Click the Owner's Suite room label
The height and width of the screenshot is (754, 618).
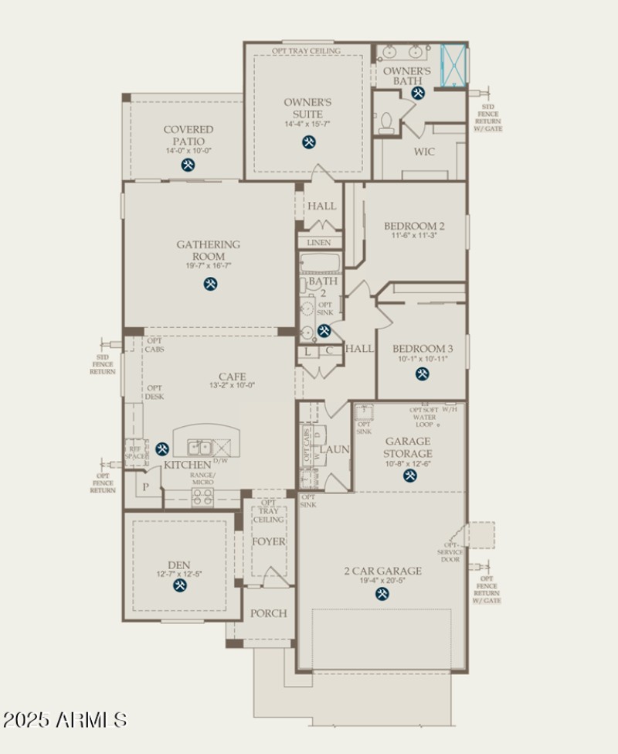[x=307, y=107]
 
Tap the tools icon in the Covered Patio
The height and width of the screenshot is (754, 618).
[x=188, y=165]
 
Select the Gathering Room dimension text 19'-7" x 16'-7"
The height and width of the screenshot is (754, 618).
[x=209, y=266]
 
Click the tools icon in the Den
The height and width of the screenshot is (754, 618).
[x=180, y=585]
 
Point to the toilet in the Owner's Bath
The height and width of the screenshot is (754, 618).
[x=387, y=121]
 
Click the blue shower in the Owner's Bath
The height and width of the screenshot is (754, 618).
[x=453, y=64]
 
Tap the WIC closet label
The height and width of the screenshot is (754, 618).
[x=424, y=152]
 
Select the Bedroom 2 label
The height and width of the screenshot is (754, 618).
[x=414, y=226]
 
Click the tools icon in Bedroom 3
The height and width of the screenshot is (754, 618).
[x=422, y=374]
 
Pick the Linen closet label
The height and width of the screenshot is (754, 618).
[x=319, y=243]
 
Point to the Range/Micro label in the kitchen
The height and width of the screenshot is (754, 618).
[x=203, y=478]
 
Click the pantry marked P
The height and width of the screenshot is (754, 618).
[x=144, y=487]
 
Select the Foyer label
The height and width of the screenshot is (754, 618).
[x=269, y=541]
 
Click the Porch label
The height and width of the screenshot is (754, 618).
[x=268, y=613]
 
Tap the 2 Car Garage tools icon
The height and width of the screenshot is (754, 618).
[x=382, y=593]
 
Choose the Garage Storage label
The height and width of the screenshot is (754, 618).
[x=408, y=448]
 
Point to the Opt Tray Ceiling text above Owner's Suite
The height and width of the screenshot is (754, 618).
[x=306, y=51]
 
